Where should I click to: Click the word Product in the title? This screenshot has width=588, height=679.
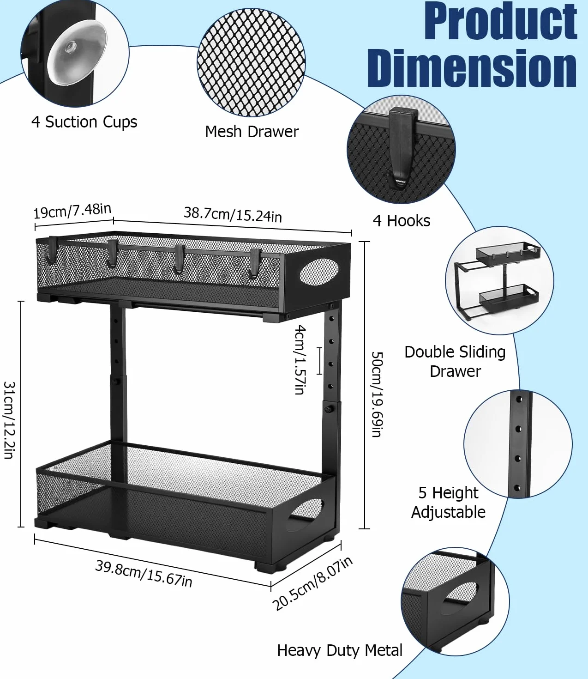(x=500, y=21)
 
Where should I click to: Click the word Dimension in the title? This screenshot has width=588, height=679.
(x=472, y=68)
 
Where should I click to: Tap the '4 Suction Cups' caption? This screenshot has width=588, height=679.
(x=84, y=122)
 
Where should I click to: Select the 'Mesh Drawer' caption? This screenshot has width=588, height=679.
(x=252, y=132)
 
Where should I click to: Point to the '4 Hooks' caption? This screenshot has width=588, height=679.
(x=402, y=221)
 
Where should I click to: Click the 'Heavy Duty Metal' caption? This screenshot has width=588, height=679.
(x=340, y=650)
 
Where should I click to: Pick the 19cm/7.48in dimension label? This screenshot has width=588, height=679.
(x=72, y=211)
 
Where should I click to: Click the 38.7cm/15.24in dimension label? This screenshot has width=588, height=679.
(x=233, y=214)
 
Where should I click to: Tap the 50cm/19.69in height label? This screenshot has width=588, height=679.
(x=377, y=394)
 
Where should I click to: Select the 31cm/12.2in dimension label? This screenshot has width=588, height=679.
(x=9, y=420)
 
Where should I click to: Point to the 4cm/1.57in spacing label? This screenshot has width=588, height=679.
(x=300, y=359)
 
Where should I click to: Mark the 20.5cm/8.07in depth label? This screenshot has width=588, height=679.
(x=312, y=583)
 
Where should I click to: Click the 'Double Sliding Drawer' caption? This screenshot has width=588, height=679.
(x=455, y=362)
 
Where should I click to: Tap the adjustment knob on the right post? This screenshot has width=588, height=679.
(x=328, y=409)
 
